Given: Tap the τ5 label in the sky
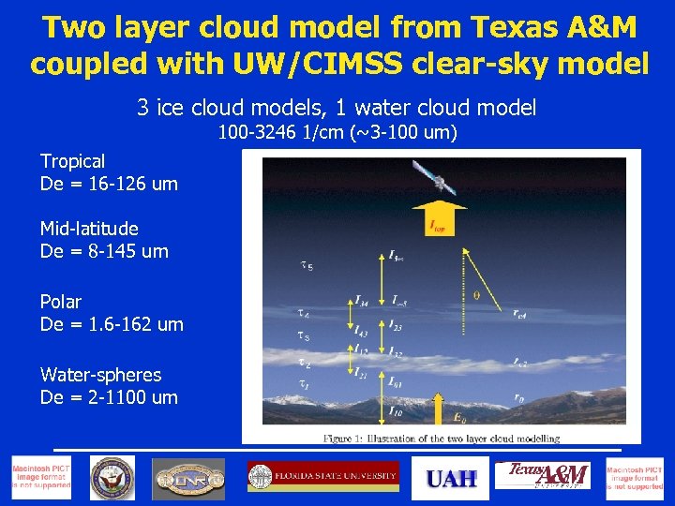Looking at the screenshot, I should coord(306,267).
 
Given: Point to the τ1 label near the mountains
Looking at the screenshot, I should coord(303,383).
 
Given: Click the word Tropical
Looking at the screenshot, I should coord(72,161).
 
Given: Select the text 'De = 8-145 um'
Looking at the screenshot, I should coord(104,251).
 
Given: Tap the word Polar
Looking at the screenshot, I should coord(60,302).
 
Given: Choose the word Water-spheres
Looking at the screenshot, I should coord(100,375).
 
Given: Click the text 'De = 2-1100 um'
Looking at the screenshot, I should coord(109,397).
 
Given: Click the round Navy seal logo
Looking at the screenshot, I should coord(112,478).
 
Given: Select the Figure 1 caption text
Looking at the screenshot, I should coord(441,438).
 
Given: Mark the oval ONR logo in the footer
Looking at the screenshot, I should coord(188,479).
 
